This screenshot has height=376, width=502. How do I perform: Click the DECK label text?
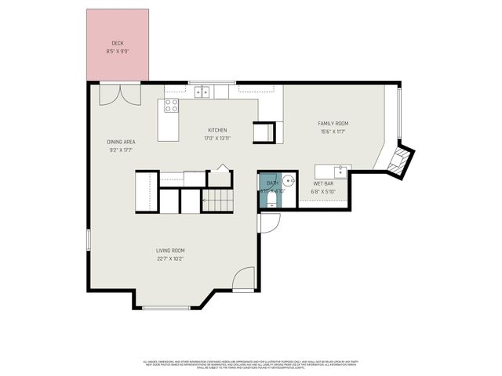(117, 43)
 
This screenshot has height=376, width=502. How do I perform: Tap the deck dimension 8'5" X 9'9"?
(117, 52)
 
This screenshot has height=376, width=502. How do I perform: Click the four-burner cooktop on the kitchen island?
(171, 106)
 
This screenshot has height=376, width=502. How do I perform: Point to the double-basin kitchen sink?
(202, 92)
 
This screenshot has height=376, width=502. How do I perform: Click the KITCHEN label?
(217, 130)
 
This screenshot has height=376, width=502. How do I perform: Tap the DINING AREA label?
(122, 142)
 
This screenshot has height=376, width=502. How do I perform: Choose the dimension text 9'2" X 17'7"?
(122, 150)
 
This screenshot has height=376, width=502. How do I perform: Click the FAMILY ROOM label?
(333, 123)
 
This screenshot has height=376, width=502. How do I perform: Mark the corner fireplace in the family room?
(398, 161)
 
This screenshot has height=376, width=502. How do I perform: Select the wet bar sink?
(341, 171)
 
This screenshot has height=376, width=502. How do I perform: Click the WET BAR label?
(322, 183)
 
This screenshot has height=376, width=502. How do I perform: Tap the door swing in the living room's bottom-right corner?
(246, 280)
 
